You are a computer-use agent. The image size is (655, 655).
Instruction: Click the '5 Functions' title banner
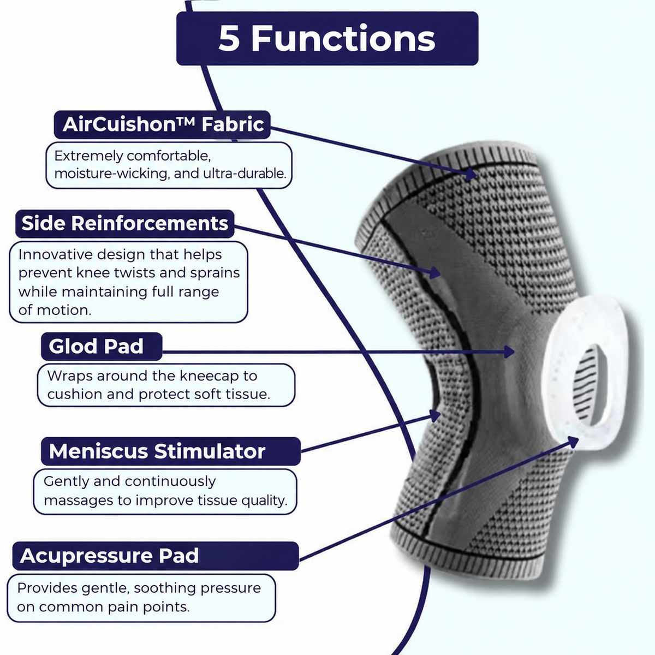click(327, 38)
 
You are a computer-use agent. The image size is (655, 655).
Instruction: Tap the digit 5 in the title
click(229, 38)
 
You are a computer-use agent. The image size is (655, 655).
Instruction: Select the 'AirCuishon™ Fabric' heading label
click(162, 124)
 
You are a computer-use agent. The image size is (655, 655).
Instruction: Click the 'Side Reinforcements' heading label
click(125, 224)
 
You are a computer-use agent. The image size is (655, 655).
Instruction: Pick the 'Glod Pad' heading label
click(102, 347)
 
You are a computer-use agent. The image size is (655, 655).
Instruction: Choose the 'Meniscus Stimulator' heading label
click(171, 451)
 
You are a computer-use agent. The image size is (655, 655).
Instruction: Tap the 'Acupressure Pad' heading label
click(156, 556)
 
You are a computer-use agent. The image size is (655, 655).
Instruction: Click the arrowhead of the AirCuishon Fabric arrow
click(472, 174)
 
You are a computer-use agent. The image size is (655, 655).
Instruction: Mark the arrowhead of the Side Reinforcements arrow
click(435, 272)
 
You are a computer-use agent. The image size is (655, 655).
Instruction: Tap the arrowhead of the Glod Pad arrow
click(509, 352)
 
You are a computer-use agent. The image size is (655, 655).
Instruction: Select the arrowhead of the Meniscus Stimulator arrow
click(434, 415)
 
